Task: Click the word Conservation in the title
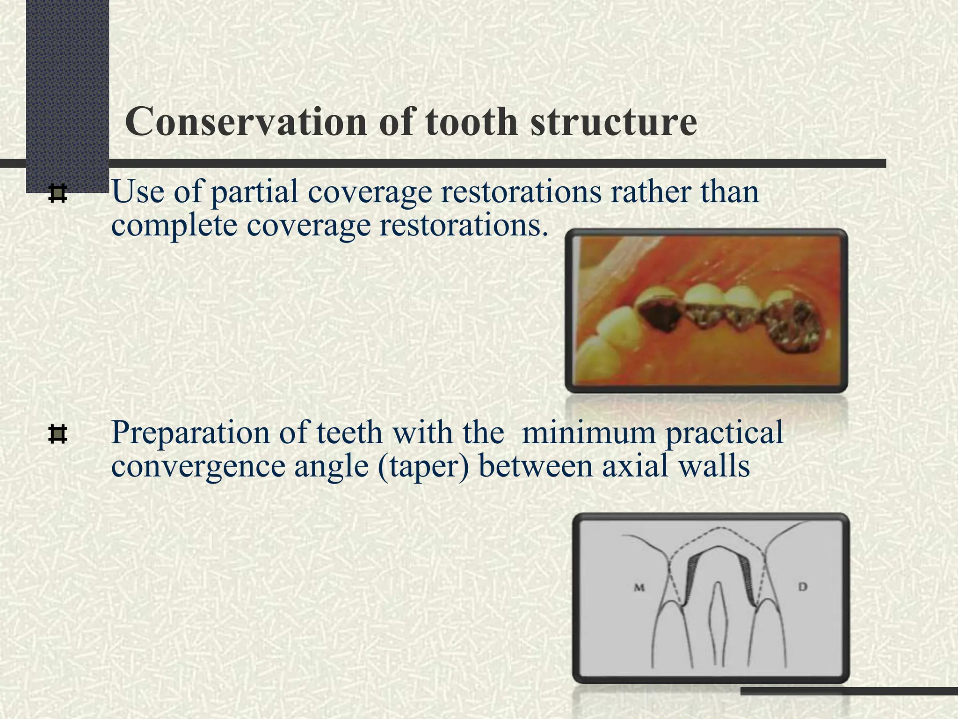(x=247, y=122)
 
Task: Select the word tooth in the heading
(x=471, y=122)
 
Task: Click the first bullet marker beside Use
(x=58, y=194)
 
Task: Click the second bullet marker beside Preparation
(x=58, y=434)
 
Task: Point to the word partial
(x=254, y=192)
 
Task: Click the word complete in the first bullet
(x=174, y=226)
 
